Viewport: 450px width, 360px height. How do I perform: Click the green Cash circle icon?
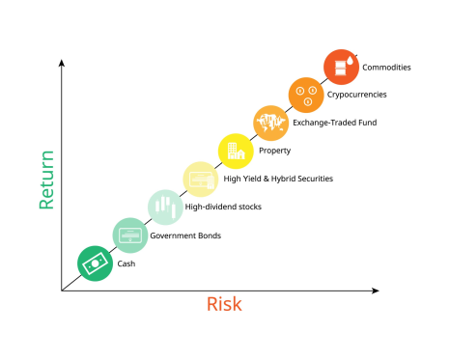tap(95, 263)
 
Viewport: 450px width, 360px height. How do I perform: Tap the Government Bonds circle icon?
tap(130, 235)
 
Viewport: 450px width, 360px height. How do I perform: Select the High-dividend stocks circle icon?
tap(165, 207)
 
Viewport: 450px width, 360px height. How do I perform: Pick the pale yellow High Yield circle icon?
tap(201, 179)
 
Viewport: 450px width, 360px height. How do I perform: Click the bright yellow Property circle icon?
tap(236, 151)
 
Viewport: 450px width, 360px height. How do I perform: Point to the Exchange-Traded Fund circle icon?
tap(271, 123)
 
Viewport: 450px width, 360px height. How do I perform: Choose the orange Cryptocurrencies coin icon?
tap(306, 94)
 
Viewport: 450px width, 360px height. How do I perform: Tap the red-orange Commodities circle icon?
tap(341, 67)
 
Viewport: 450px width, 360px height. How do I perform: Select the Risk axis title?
tap(224, 305)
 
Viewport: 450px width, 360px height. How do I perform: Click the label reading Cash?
tap(127, 263)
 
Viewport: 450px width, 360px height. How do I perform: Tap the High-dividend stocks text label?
tap(224, 207)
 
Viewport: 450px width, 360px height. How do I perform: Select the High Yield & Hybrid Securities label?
tap(278, 179)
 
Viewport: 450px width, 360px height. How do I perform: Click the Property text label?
tap(275, 151)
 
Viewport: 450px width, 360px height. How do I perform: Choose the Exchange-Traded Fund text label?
tap(335, 123)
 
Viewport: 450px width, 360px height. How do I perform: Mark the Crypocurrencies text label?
tap(357, 95)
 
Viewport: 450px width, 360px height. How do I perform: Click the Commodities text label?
tap(386, 68)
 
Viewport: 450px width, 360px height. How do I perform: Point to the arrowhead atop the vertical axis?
tap(62, 62)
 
